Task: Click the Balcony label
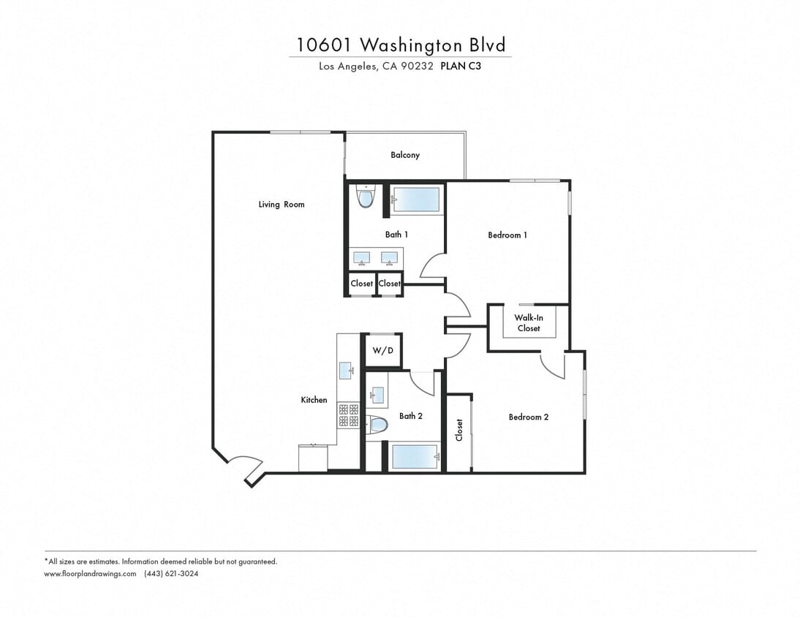pyautogui.click(x=404, y=155)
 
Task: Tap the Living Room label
pyautogui.click(x=281, y=205)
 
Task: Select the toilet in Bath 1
pyautogui.click(x=366, y=197)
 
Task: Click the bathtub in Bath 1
pyautogui.click(x=416, y=200)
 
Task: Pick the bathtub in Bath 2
pyautogui.click(x=415, y=457)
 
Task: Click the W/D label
pyautogui.click(x=383, y=351)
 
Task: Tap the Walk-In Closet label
pyautogui.click(x=528, y=323)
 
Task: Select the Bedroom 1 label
pyautogui.click(x=507, y=235)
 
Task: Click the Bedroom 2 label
pyautogui.click(x=528, y=417)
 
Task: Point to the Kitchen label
pyautogui.click(x=314, y=400)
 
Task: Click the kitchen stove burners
pyautogui.click(x=347, y=416)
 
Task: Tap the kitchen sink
pyautogui.click(x=347, y=370)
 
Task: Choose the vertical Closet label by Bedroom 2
pyautogui.click(x=459, y=430)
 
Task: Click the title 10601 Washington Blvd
pyautogui.click(x=401, y=45)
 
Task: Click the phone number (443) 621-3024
pyautogui.click(x=171, y=574)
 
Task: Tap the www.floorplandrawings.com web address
pyautogui.click(x=90, y=574)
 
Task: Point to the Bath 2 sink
pyautogui.click(x=377, y=395)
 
